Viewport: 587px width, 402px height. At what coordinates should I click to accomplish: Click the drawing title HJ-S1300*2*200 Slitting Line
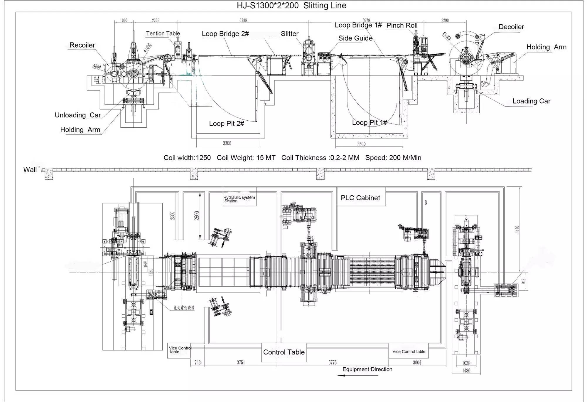(x=291, y=6)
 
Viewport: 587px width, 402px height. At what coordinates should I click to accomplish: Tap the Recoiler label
(x=82, y=45)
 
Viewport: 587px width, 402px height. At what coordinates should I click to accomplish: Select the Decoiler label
(x=511, y=27)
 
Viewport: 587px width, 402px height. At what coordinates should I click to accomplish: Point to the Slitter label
(x=289, y=34)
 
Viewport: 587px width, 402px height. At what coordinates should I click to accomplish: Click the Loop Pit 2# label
(x=226, y=124)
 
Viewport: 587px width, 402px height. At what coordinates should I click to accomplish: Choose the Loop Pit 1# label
(x=369, y=122)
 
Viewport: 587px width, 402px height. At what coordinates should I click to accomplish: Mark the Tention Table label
(x=163, y=33)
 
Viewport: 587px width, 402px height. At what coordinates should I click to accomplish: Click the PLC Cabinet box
(x=360, y=198)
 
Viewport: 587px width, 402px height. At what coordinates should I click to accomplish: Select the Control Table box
(x=284, y=352)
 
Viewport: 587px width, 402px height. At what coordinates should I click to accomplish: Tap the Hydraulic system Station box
(x=239, y=199)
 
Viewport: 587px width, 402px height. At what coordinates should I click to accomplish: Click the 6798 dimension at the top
(x=243, y=20)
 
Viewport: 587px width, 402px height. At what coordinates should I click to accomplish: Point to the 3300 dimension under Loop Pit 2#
(x=227, y=143)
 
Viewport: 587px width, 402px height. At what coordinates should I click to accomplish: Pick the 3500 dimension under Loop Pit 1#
(x=361, y=144)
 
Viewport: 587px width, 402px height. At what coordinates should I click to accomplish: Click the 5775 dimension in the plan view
(x=332, y=363)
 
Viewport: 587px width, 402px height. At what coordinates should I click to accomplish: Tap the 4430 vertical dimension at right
(x=517, y=229)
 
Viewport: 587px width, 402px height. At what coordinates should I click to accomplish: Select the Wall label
(x=30, y=170)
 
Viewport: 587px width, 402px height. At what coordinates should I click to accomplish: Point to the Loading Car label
(x=531, y=101)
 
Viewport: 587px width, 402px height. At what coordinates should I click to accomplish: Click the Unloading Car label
(x=78, y=115)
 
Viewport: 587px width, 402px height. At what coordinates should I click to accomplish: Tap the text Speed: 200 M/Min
(x=393, y=158)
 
